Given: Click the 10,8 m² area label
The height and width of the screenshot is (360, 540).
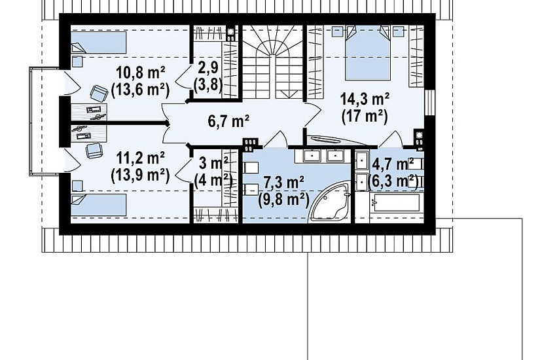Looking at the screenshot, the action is [141, 73].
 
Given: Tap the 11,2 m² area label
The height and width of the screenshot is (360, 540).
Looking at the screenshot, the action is [140, 158].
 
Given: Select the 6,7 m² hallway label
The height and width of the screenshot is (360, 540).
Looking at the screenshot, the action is [228, 121].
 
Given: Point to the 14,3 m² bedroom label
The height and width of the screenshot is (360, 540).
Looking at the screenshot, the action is [365, 99].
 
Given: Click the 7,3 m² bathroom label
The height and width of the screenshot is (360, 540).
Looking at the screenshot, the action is [283, 183].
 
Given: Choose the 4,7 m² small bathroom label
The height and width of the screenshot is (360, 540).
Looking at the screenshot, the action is [393, 164].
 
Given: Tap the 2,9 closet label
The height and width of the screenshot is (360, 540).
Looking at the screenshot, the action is [208, 68].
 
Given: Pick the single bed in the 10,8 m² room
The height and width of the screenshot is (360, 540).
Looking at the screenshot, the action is [98, 43].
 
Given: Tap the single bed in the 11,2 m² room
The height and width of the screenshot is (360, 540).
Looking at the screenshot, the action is [98, 205].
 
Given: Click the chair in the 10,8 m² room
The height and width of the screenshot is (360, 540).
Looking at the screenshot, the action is [99, 94].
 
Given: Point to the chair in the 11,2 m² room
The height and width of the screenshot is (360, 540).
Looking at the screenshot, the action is [94, 151].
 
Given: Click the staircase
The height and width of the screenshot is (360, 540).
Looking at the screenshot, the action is [273, 62].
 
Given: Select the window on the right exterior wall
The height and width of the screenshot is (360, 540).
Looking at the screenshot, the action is [429, 102].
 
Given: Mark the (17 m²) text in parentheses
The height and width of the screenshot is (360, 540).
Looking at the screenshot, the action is [365, 116].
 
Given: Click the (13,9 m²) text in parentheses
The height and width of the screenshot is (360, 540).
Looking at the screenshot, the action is [141, 175].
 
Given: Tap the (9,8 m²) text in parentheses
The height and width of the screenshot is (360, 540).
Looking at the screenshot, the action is [283, 200].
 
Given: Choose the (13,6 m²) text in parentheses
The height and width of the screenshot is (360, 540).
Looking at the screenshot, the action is [141, 90].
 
